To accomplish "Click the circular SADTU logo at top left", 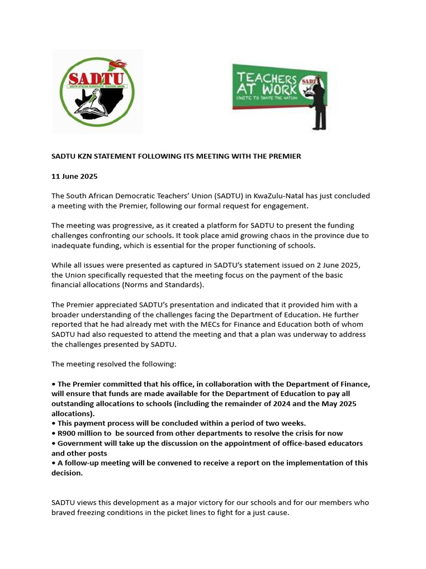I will point(98,92).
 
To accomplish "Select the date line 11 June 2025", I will point(74,176).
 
